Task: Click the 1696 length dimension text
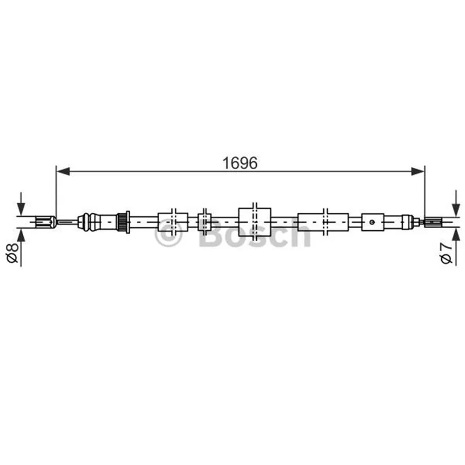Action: coord(240,163)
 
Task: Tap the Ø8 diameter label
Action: coord(12,252)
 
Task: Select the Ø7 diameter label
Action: coord(446,253)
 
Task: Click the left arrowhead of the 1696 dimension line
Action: coord(63,171)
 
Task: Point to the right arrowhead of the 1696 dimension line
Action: coord(418,171)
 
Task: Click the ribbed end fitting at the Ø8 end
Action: coord(45,222)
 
